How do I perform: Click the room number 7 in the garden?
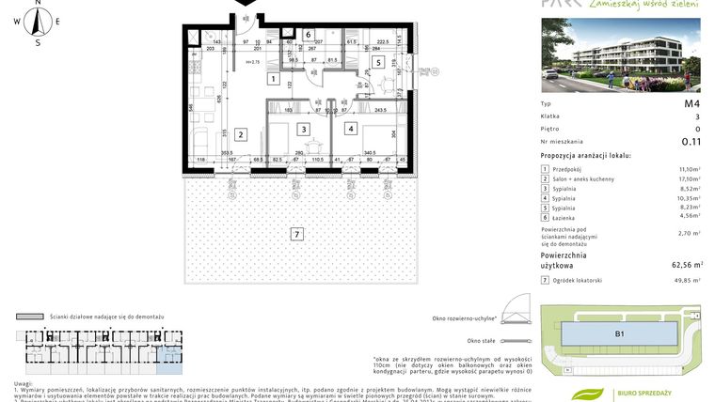[x=296, y=234]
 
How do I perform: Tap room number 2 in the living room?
[x=241, y=134]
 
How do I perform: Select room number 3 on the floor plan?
[x=303, y=130]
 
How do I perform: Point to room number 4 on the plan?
[x=351, y=129]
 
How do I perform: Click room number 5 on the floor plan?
[x=377, y=63]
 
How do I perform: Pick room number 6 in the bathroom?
[x=308, y=35]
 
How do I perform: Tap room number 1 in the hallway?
[x=272, y=80]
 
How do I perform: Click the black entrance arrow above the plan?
[x=244, y=5]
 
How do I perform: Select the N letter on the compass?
[x=38, y=4]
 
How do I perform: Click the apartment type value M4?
[x=691, y=103]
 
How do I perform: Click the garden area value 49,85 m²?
[x=684, y=280]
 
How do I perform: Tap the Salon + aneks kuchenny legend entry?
[x=583, y=178]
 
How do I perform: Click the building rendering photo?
[x=621, y=55]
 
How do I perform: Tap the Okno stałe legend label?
[x=481, y=341]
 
